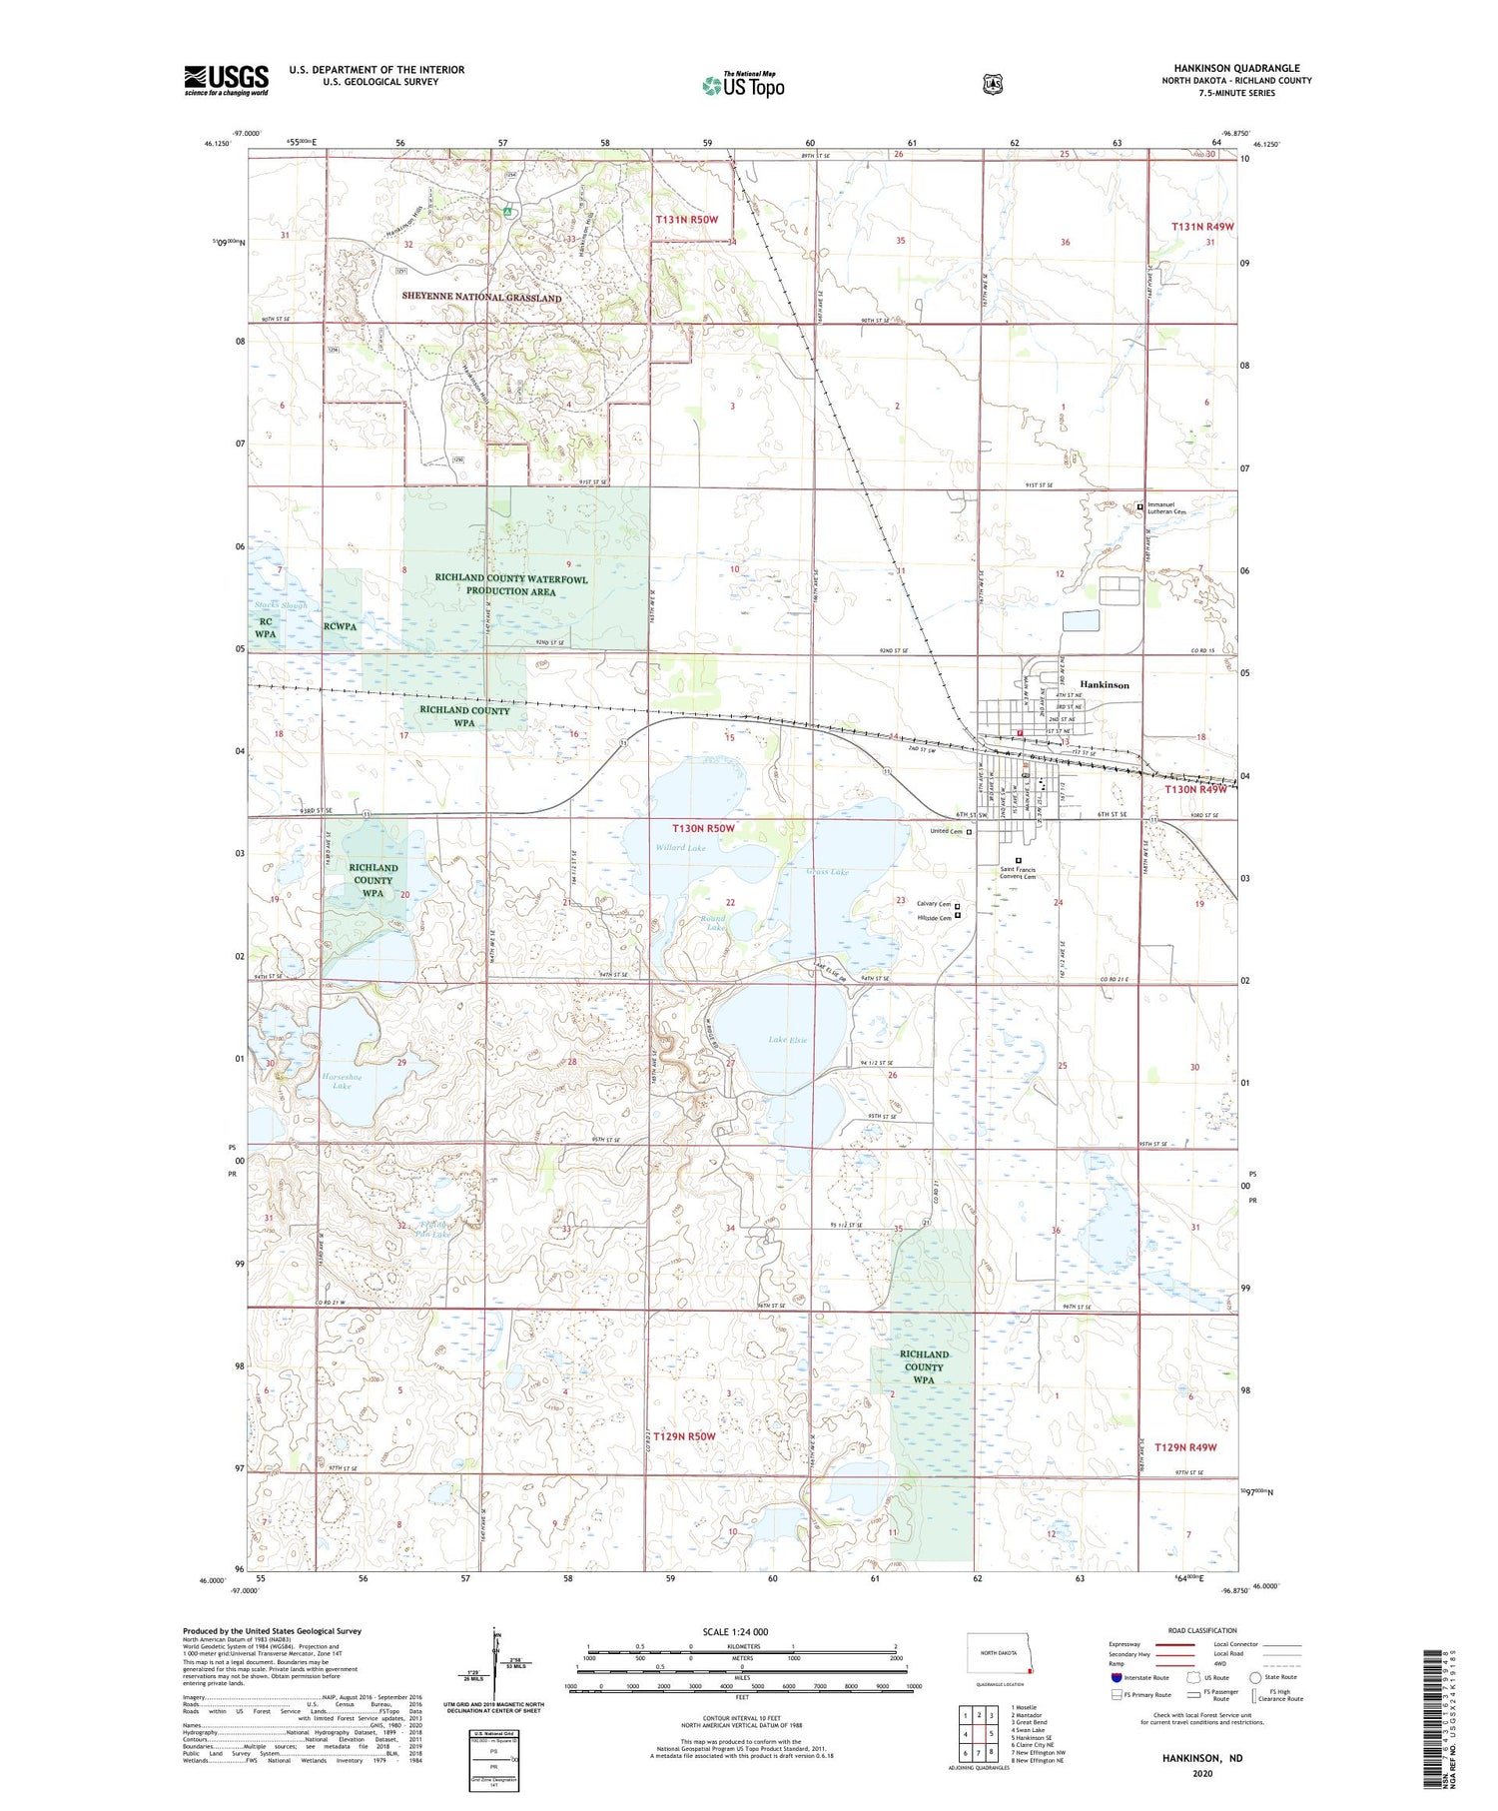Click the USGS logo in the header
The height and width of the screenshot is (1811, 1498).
coord(226,80)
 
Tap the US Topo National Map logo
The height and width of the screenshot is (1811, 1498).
coord(743,84)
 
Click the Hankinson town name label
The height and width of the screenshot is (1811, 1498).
coord(1105,685)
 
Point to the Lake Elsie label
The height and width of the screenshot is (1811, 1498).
coord(788,1040)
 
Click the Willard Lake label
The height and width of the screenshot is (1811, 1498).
coord(680,848)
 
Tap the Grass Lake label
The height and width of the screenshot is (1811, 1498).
coord(827,872)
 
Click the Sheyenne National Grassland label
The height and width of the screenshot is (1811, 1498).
coord(481,298)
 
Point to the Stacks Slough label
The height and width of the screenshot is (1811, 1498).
coord(280,605)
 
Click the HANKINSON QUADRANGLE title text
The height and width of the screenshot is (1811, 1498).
coord(1236,69)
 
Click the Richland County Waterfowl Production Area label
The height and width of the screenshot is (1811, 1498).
coord(510,585)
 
